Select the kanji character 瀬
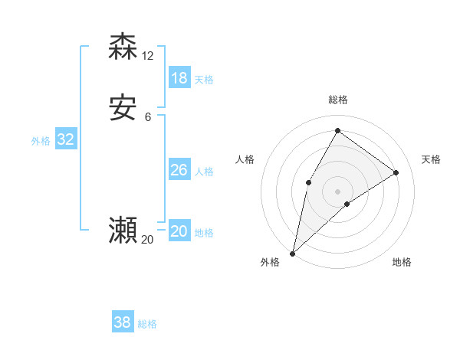(123, 231)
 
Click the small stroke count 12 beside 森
(148, 55)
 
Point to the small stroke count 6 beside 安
(148, 117)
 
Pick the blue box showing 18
(179, 77)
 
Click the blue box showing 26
(179, 170)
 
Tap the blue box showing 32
(65, 139)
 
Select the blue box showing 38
(123, 322)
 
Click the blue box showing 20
(179, 231)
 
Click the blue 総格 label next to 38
(147, 324)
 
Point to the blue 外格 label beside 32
(41, 141)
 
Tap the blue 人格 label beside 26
(204, 172)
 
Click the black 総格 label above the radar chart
(337, 100)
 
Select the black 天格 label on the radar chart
(431, 159)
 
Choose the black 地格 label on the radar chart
(402, 262)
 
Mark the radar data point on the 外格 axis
(293, 253)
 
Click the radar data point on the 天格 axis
(396, 172)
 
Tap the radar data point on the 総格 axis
(337, 131)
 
